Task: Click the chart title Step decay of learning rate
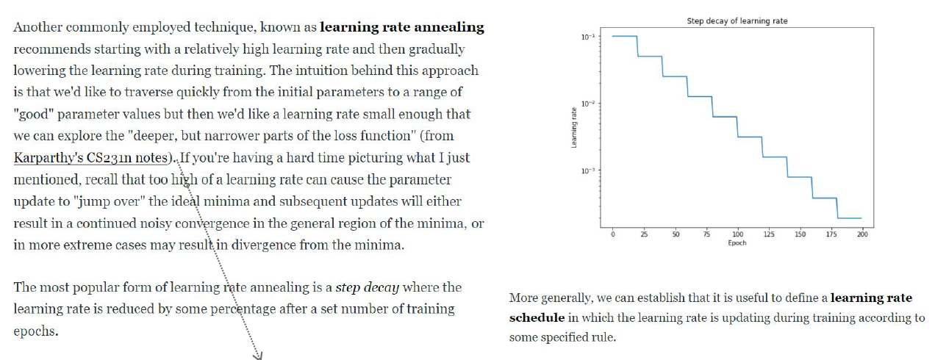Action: [737, 21]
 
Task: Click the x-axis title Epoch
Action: [737, 243]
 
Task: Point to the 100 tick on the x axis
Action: [737, 235]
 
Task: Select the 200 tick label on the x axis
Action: [862, 235]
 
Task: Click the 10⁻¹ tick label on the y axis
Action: [587, 36]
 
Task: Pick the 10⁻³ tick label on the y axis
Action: [587, 170]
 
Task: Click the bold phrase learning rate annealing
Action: [402, 27]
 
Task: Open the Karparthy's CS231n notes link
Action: [93, 158]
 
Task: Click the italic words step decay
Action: [367, 287]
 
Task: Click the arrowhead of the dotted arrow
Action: [258, 356]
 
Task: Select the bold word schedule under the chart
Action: [537, 318]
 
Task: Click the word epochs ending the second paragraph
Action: [35, 331]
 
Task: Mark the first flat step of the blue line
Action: [625, 36]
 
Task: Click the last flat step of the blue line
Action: [850, 218]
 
